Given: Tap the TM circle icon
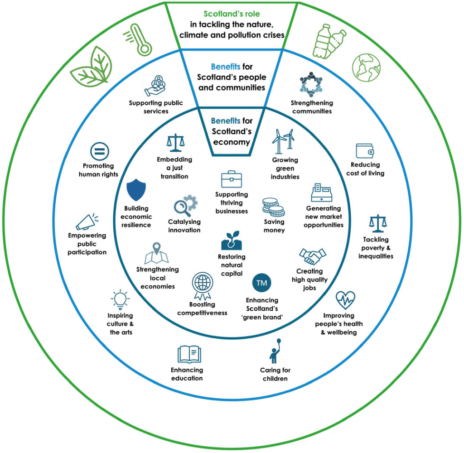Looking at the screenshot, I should coord(261,283).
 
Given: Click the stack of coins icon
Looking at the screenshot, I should coord(273,207).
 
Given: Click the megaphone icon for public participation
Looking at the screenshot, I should coord(87,221).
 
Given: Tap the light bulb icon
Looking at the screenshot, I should coord(120,299).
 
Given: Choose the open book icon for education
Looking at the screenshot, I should coord(189,354).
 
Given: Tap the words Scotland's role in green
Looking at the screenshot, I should coord(232,14).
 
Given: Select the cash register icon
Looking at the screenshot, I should coord(322,193).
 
